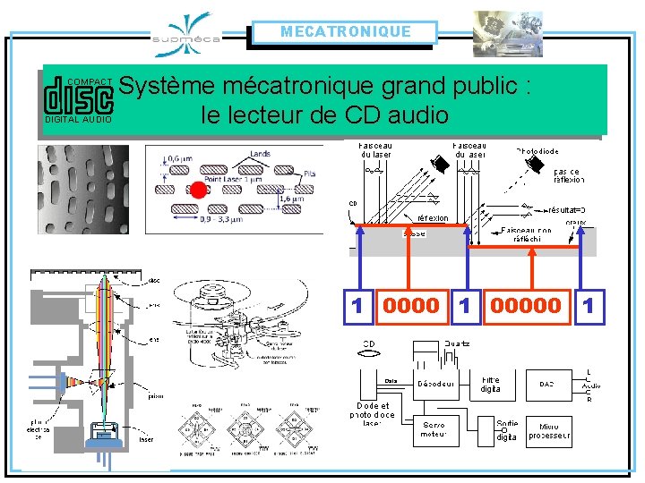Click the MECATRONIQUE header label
point(345,32)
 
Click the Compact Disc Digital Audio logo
point(79,99)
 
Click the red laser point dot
point(192,190)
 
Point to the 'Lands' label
point(260,155)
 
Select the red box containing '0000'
point(411,306)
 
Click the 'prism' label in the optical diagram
point(156,395)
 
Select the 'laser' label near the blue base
point(146,440)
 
